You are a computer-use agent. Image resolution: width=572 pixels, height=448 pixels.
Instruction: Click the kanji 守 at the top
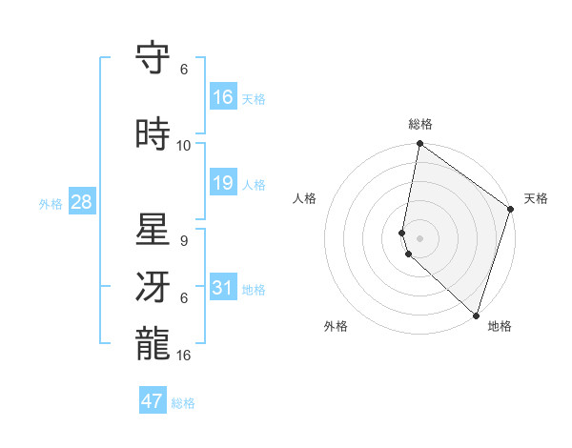pos(153,59)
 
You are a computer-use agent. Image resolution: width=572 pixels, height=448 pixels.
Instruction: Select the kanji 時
pos(153,133)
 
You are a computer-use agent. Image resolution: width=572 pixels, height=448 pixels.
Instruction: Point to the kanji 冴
pos(153,285)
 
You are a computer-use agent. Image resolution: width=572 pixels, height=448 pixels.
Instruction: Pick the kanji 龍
pos(153,341)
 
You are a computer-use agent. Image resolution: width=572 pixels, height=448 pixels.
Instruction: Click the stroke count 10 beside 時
pos(184,146)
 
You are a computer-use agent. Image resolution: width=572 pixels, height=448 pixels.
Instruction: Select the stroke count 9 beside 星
pos(184,240)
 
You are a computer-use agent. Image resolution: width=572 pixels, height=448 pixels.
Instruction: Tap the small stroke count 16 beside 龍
pos(184,355)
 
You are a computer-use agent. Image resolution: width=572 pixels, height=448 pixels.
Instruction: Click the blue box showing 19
pos(222,183)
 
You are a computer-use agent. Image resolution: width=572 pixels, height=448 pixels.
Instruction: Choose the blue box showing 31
pos(222,288)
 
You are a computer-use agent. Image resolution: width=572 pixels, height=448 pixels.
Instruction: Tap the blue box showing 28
pos(81,202)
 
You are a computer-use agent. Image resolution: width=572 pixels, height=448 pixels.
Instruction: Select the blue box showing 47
pos(153,401)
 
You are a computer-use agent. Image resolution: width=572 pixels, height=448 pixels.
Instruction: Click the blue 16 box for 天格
pos(222,96)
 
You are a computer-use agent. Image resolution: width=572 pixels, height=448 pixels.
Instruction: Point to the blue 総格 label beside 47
pos(183,403)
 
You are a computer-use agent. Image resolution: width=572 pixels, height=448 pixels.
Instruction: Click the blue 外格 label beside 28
pos(51,203)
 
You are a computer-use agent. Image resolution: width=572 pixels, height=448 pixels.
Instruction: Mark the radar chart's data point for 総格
pos(419,145)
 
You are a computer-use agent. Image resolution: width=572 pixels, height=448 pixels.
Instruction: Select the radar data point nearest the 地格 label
pos(476,316)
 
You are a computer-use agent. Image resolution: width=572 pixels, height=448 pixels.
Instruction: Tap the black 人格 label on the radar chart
pos(304,198)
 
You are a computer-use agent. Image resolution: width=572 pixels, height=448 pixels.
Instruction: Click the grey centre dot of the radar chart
pos(419,237)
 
